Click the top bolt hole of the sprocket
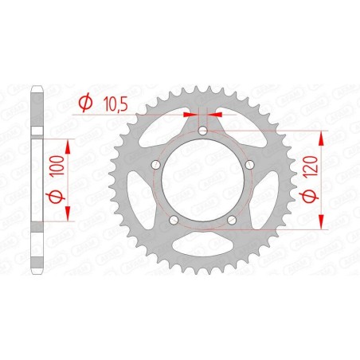coord(202,131)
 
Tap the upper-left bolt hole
coord(155,165)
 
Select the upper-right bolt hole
coord(249,165)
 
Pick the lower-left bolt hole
coord(174,220)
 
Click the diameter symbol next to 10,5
coord(85,102)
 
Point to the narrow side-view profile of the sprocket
coord(34,180)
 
